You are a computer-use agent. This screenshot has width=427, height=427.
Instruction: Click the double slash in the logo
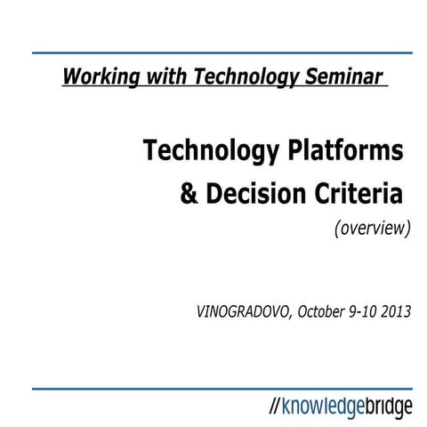pos(275,407)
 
